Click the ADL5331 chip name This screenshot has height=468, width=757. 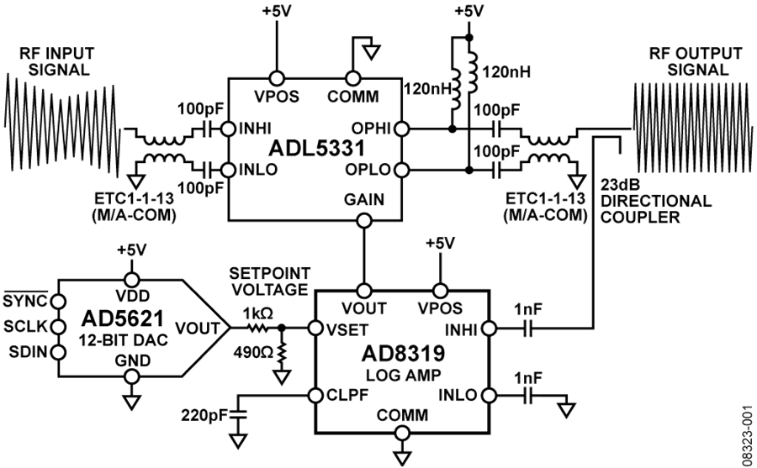click(317, 148)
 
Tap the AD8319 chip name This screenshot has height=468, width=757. click(403, 354)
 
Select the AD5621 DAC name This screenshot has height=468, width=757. click(123, 318)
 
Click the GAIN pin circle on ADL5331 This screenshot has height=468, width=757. click(363, 221)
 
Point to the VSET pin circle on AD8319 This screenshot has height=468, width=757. click(315, 329)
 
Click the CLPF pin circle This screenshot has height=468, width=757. click(315, 395)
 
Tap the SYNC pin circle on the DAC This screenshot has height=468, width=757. click(58, 302)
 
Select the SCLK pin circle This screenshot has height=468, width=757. click(58, 327)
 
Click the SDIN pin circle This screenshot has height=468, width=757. click(58, 352)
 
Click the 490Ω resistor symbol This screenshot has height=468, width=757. click(282, 354)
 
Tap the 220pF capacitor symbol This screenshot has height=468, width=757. click(237, 414)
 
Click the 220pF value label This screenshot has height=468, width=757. click(204, 414)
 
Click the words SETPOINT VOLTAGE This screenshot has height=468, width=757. click(269, 281)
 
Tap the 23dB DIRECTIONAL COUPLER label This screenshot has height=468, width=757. click(655, 201)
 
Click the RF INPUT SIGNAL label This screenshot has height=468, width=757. click(57, 61)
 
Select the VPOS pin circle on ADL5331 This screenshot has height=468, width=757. click(277, 77)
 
